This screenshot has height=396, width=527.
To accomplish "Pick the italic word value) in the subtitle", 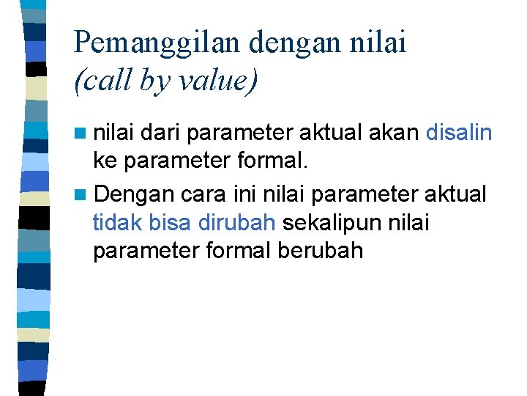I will (x=217, y=81).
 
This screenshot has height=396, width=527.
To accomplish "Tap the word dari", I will (x=160, y=133).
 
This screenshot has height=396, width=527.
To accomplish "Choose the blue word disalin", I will (x=459, y=133).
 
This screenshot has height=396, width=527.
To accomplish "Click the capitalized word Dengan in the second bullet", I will (x=134, y=195).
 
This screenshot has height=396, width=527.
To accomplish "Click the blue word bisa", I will (x=169, y=222).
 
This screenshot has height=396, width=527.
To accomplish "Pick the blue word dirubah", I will (x=237, y=222).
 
